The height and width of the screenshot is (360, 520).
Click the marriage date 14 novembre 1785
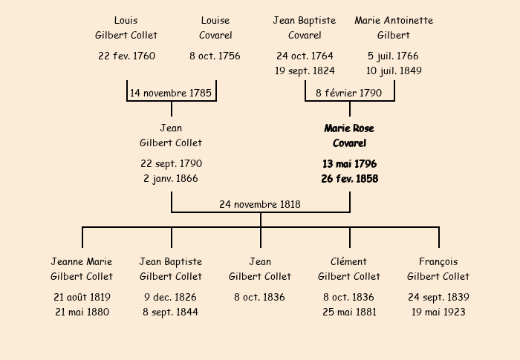[x=171, y=93]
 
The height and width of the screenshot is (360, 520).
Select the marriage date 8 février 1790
[x=349, y=93]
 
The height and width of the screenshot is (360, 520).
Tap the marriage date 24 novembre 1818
[x=260, y=204]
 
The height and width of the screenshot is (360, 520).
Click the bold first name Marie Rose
[x=349, y=128]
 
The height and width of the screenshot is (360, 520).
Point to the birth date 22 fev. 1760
[x=127, y=56]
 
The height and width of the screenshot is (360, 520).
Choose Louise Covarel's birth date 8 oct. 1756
[x=215, y=56]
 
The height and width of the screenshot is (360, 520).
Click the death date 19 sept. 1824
[x=305, y=71]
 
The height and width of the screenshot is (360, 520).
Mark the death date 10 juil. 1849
[x=394, y=71]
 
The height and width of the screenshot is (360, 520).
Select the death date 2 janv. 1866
[x=171, y=179]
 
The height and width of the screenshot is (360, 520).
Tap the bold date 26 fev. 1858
[x=350, y=179]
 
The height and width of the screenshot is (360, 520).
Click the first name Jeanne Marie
[x=82, y=261]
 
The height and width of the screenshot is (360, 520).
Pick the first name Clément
[x=348, y=261]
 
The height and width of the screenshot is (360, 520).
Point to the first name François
[x=438, y=262]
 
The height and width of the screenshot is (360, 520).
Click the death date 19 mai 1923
[x=438, y=312]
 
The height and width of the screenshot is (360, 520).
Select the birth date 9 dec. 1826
[x=170, y=297]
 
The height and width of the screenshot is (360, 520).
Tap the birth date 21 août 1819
[x=82, y=297]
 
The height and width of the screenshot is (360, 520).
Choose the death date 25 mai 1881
[x=350, y=312]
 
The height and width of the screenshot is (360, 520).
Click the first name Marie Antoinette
[x=394, y=21]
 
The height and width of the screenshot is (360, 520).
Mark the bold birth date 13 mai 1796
[x=350, y=164]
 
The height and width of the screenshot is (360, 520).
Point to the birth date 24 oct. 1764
[x=305, y=56]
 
